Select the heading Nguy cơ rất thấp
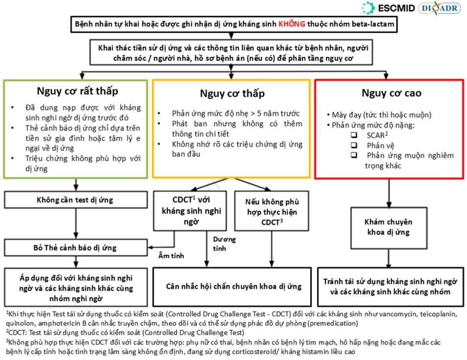pos(77,91)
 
